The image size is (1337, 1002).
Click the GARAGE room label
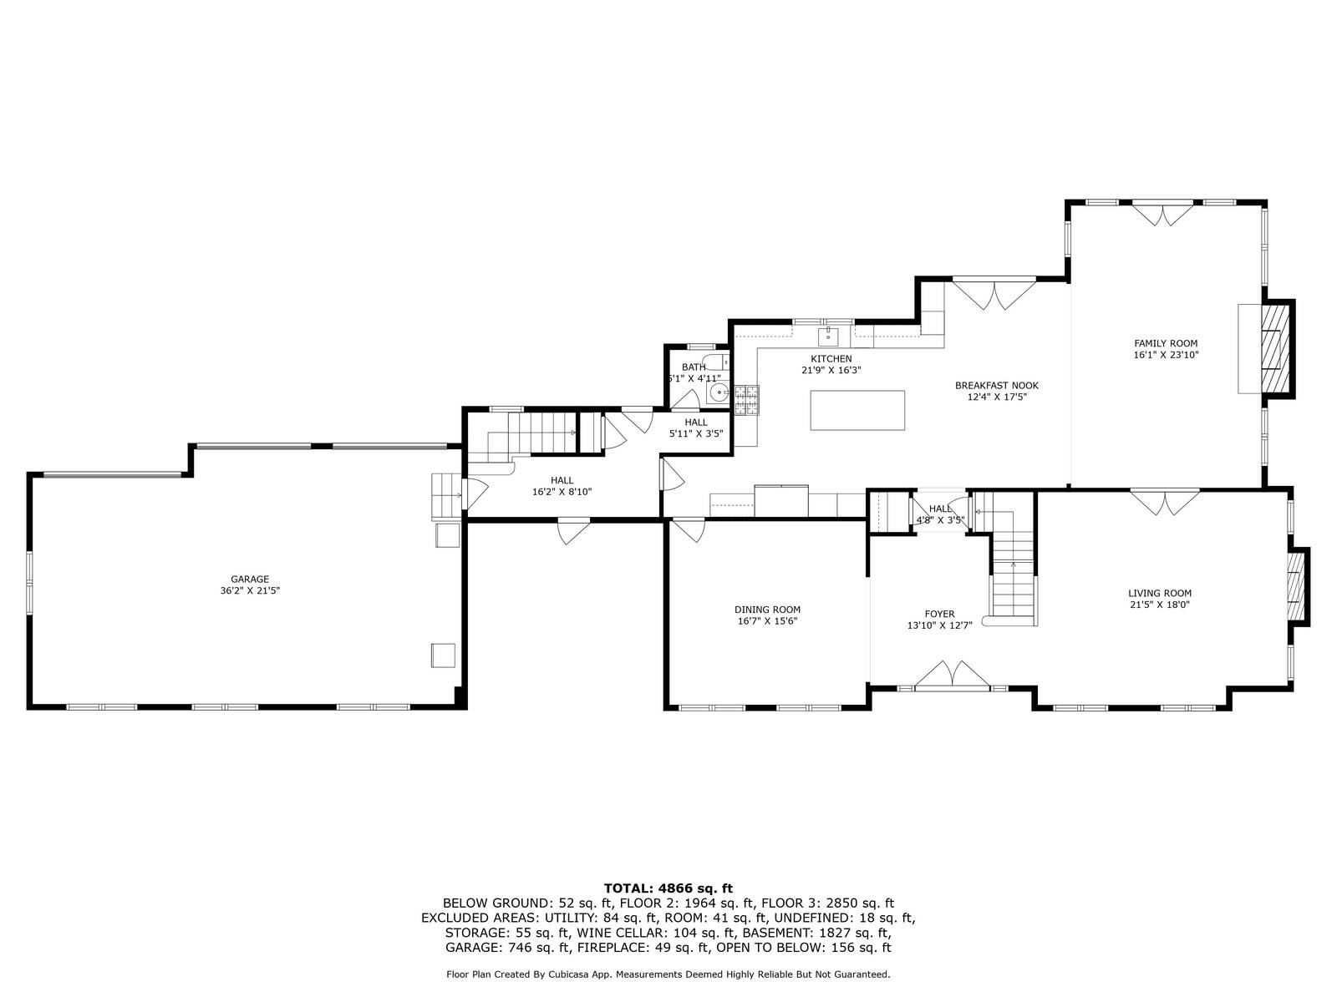[x=250, y=579]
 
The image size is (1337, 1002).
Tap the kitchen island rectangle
[x=857, y=410]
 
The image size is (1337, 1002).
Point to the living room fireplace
[x=1296, y=586]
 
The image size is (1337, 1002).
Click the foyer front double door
[x=952, y=676]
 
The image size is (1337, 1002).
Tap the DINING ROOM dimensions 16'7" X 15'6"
[x=767, y=621]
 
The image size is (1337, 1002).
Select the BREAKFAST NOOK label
[x=996, y=386]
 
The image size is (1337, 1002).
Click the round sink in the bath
[x=716, y=393]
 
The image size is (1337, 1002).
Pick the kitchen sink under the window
[x=828, y=337]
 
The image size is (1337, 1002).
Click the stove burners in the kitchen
[x=746, y=399]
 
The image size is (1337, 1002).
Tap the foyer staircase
[x=1013, y=576]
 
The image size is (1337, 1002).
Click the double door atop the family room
[x=1162, y=213]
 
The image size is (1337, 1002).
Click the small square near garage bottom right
[x=443, y=655]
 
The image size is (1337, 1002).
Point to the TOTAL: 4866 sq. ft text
[x=668, y=888]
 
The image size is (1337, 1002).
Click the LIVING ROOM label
[x=1160, y=594]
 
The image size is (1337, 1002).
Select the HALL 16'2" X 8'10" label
[x=562, y=486]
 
